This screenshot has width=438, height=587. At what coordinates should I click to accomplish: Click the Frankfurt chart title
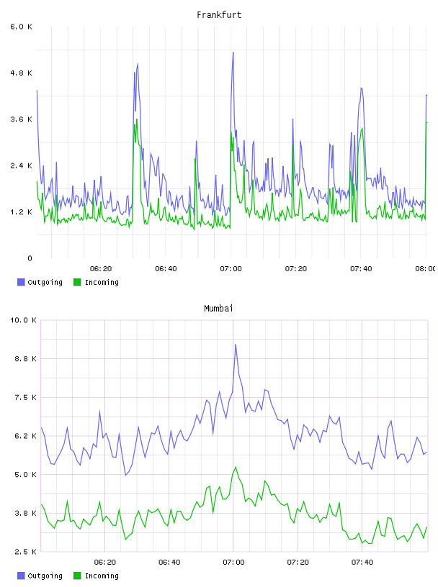[x=219, y=15]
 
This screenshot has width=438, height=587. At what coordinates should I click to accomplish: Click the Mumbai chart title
[x=218, y=309]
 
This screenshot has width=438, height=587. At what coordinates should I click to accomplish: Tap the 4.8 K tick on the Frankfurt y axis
[x=22, y=73]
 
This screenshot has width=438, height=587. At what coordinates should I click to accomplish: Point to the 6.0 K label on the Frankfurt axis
[x=22, y=27]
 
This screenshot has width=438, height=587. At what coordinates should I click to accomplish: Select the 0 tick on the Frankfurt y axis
[x=30, y=258]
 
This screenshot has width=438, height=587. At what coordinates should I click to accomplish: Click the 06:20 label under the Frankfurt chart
[x=101, y=269]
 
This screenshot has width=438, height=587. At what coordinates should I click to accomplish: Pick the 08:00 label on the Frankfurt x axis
[x=426, y=269]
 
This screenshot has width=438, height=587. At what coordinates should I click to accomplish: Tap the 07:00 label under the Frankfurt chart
[x=231, y=269]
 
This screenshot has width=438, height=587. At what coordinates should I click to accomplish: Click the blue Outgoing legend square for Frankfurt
[x=21, y=282]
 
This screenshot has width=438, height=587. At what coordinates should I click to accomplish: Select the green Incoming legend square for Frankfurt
[x=77, y=282]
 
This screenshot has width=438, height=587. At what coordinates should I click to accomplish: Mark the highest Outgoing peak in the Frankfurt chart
[x=233, y=53]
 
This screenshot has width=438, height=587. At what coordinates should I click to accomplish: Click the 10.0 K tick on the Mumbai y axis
[x=23, y=320]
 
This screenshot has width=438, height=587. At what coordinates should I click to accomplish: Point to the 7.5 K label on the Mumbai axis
[x=25, y=398]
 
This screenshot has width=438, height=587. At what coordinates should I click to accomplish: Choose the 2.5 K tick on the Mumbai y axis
[x=25, y=552]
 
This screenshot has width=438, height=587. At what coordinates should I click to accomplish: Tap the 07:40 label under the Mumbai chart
[x=362, y=563]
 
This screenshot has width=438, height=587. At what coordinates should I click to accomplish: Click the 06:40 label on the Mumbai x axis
[x=169, y=563]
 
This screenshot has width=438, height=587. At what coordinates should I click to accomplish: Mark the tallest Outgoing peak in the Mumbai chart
[x=236, y=345]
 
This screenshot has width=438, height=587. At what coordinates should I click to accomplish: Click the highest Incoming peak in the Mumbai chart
[x=236, y=467]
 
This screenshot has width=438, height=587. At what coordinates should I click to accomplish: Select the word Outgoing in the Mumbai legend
[x=45, y=576]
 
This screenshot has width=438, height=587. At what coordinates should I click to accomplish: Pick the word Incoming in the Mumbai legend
[x=102, y=576]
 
